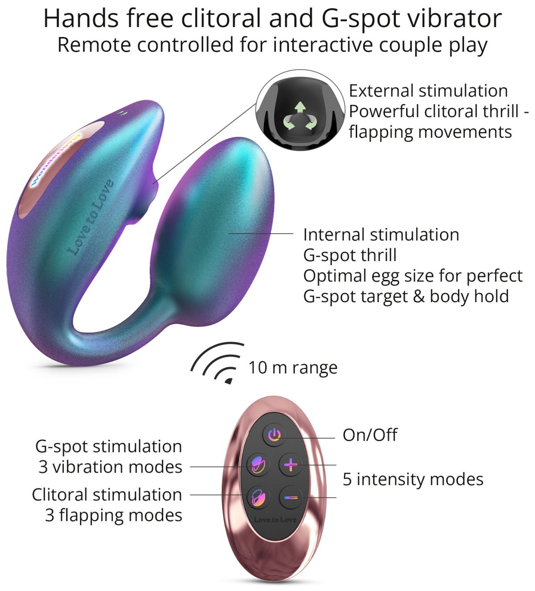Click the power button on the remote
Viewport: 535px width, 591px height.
click(274, 435)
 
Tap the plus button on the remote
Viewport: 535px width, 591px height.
click(291, 465)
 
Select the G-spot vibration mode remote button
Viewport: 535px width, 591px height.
click(258, 465)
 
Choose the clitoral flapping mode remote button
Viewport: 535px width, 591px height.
click(258, 497)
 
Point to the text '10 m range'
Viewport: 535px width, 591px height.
click(293, 368)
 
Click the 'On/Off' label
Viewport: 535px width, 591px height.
click(370, 435)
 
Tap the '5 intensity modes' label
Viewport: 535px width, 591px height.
click(413, 479)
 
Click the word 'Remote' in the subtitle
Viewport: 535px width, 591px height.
click(94, 45)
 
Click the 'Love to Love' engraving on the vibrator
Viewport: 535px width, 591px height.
click(90, 217)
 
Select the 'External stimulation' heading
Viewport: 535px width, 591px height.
click(428, 91)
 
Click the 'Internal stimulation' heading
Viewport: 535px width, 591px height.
click(381, 235)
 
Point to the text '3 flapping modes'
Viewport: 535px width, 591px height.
click(114, 515)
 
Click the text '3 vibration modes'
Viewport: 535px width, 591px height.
click(111, 467)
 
